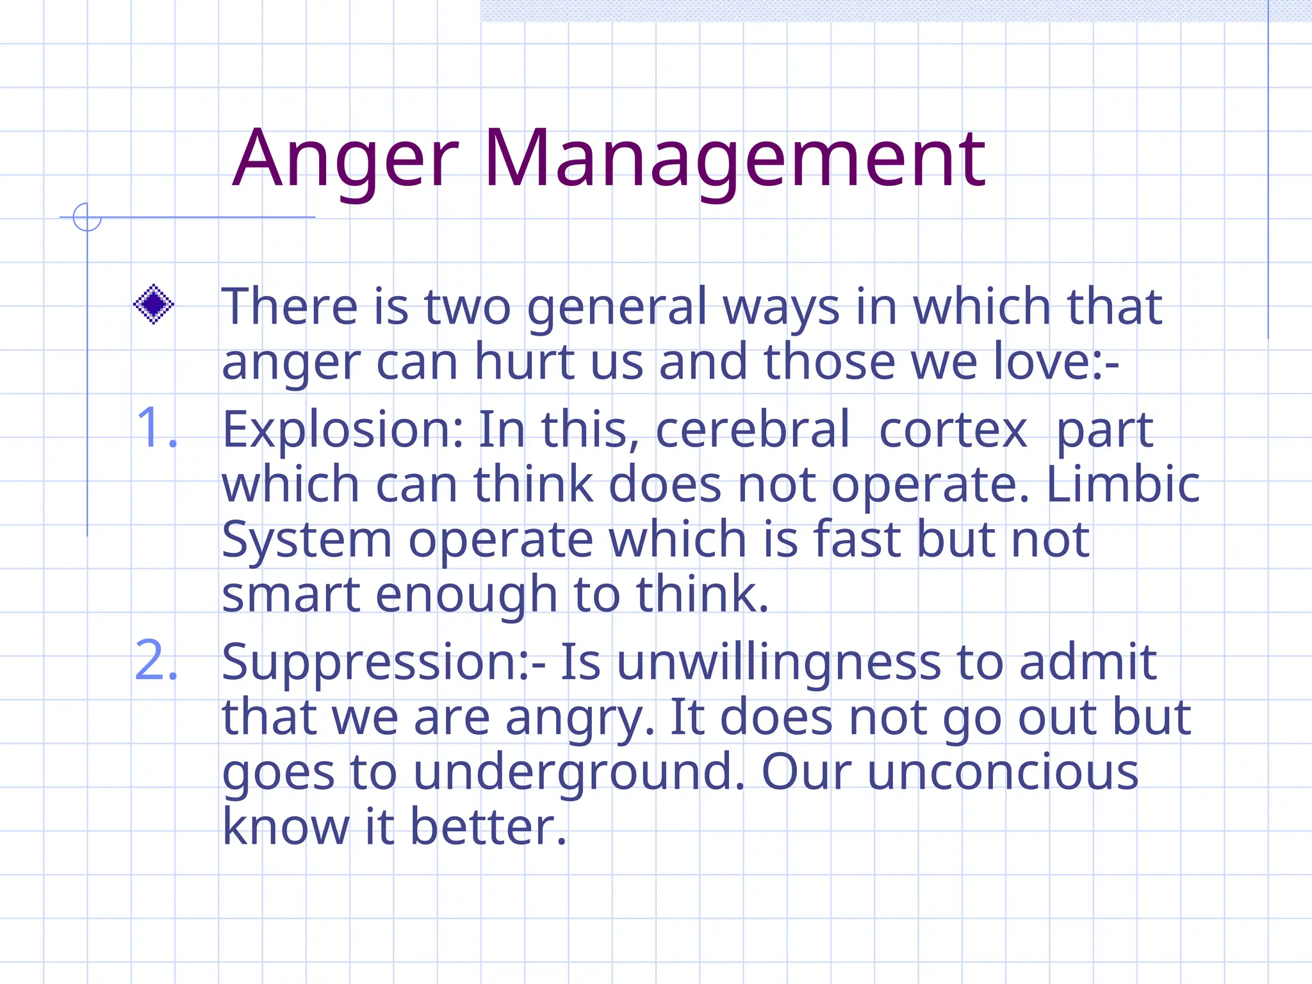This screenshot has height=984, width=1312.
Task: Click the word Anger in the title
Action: coord(346,160)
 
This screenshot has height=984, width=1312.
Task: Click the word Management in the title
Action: coord(734,160)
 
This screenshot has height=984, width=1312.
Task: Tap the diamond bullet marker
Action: coord(154,304)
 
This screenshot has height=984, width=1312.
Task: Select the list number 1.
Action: coord(156,428)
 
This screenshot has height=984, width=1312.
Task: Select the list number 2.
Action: coord(156,660)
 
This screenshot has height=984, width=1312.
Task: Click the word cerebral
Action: coord(753,429)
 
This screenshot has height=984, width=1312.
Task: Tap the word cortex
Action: coord(953,429)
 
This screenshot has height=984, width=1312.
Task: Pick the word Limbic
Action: coord(1122,484)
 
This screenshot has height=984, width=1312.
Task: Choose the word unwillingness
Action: coord(778,663)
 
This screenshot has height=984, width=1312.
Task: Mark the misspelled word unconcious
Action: coord(1003,772)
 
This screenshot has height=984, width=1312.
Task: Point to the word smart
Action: coord(290,594)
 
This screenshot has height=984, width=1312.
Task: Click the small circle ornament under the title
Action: coord(87,217)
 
